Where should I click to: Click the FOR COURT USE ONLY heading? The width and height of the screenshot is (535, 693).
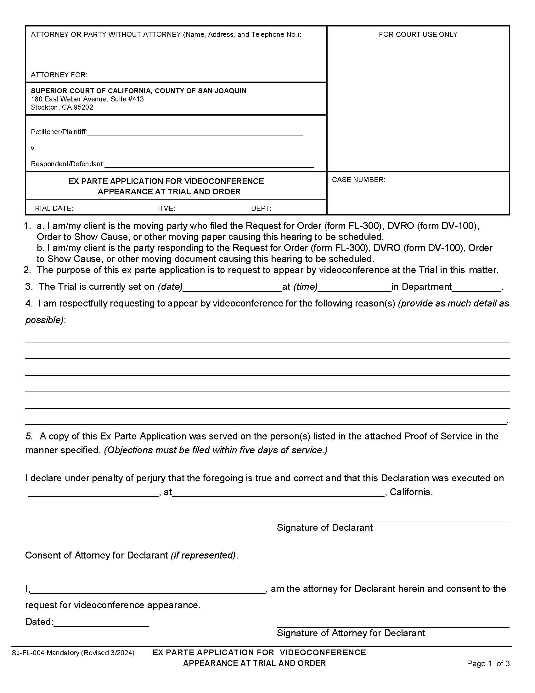click(x=418, y=34)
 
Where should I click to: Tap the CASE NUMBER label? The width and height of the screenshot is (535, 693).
click(x=358, y=180)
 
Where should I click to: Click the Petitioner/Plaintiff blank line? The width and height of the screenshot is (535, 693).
click(x=194, y=133)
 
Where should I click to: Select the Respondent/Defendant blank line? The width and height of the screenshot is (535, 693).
click(x=209, y=165)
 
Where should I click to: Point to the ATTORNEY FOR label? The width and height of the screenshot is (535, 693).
click(x=59, y=75)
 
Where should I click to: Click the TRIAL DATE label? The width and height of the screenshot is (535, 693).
click(x=52, y=208)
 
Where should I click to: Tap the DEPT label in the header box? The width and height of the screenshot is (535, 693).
click(x=261, y=208)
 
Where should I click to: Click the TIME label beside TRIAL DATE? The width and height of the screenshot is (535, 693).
click(x=166, y=208)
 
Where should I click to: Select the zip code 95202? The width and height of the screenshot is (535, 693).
click(x=83, y=107)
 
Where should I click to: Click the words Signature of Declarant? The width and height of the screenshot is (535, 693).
click(x=324, y=527)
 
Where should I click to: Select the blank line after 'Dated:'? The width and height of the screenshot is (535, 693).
click(x=101, y=623)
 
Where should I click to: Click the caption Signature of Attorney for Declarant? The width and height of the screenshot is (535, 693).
click(x=351, y=633)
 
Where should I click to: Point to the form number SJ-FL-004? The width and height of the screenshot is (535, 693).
click(x=29, y=653)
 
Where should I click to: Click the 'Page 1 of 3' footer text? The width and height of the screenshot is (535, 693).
click(x=488, y=663)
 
